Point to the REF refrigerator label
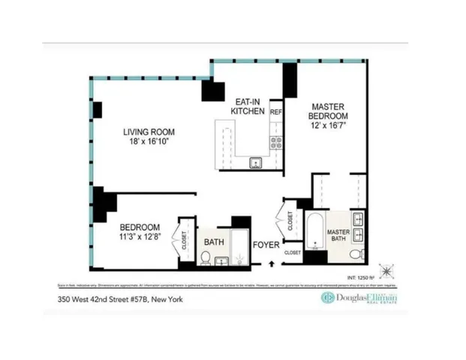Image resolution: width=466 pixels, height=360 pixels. coord(275,111)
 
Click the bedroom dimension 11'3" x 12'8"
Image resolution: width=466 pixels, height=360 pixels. coord(140,238)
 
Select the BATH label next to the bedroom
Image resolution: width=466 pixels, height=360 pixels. coord(214,242)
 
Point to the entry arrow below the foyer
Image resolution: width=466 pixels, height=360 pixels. coord(272,263)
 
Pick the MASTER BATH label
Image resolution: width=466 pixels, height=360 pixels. coord(339,235)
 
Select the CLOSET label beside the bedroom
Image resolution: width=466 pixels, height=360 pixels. coord(185,239)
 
